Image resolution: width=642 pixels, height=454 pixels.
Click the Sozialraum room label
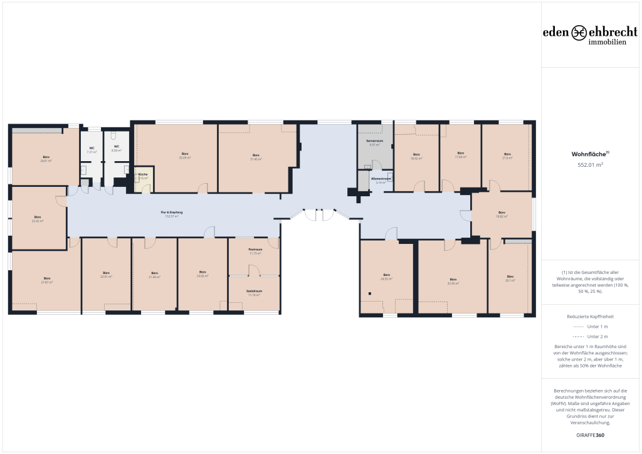coord(254,293)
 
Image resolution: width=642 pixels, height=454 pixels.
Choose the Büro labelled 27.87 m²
coord(46,280)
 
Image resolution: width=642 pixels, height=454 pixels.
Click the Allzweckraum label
coord(381,180)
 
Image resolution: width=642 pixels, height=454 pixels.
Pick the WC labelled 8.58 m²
coord(116,149)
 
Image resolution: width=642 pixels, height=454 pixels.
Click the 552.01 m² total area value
coord(590,165)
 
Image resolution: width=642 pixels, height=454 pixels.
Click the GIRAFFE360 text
coord(590,435)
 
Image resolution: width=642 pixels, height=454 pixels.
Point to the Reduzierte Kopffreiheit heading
coord(590,317)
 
